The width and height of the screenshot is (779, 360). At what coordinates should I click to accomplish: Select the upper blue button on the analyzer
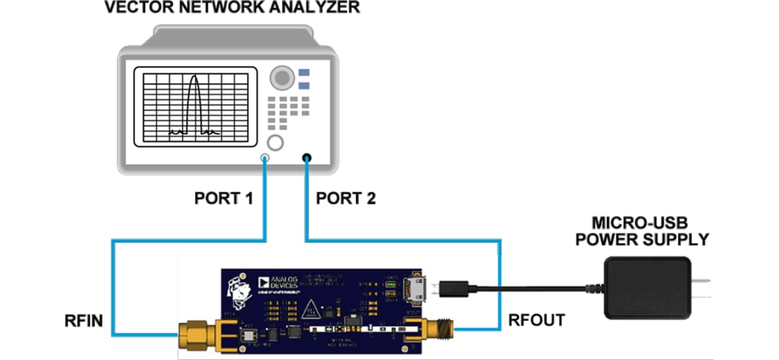coord(304,73)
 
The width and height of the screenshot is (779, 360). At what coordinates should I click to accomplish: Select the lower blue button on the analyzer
coord(304,87)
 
